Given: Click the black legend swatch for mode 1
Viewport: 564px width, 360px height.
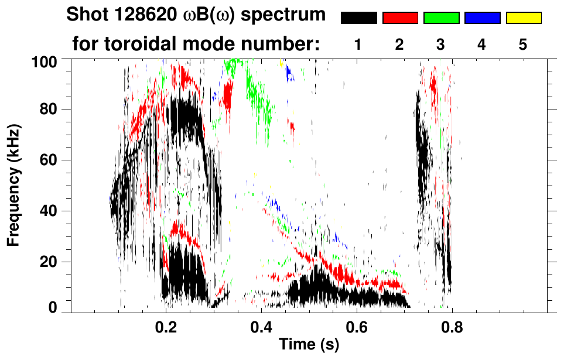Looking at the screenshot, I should coord(359,18).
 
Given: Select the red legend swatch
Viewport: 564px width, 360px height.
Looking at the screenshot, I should coord(400,18).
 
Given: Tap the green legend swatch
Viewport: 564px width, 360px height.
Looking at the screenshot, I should coord(441,18).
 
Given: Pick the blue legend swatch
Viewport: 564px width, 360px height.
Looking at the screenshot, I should coord(482,18).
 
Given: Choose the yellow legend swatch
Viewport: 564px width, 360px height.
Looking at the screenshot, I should coord(523,18).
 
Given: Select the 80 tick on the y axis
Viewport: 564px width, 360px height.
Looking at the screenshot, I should coord(51,109).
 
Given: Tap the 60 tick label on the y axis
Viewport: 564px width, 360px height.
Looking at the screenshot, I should coord(51,160).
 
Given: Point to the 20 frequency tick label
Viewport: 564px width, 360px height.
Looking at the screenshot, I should coord(51,262).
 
